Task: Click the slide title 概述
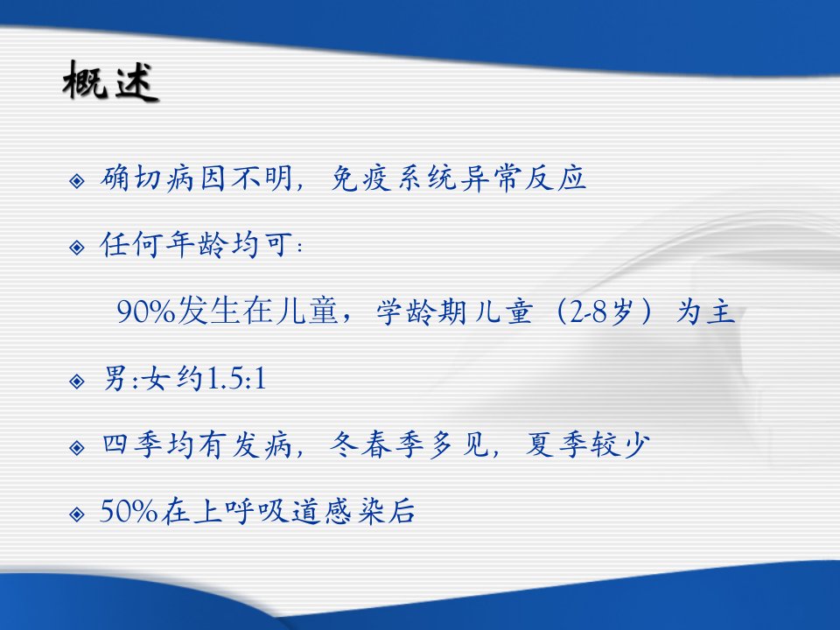pos(110,81)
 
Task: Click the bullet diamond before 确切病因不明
pos(77,181)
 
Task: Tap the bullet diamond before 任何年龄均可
pos(77,248)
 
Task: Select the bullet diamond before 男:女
pos(77,381)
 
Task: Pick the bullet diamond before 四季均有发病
pos(77,448)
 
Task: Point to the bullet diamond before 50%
pos(77,514)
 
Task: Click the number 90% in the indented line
pos(146,311)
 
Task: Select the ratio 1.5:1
pos(236,379)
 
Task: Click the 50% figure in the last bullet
pos(129,511)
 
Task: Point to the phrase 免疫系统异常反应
pos(458,178)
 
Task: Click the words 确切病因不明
pos(196,178)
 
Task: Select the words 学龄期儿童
pos(454,311)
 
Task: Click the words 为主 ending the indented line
pos(705,311)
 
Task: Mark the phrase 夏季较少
pos(588,445)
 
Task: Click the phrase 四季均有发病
pos(197,445)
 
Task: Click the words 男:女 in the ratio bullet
pos(136,379)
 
